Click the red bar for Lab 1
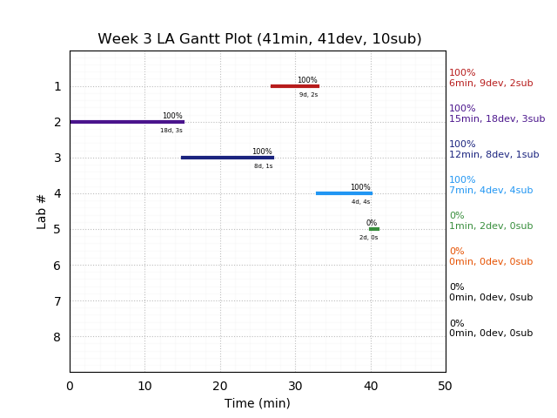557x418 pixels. tap(294, 86)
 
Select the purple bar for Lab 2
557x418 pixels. tap(127, 122)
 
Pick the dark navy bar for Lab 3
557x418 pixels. tap(227, 158)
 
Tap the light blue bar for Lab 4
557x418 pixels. tap(344, 193)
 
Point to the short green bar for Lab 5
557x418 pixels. tap(374, 229)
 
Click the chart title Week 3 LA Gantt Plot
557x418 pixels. tap(259, 39)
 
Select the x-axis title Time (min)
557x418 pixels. tap(258, 403)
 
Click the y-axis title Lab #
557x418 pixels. tap(42, 212)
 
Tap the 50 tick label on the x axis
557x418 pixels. tap(446, 386)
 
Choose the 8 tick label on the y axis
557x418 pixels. tap(57, 337)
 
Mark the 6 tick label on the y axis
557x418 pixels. tap(57, 266)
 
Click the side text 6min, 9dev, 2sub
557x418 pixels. tap(491, 84)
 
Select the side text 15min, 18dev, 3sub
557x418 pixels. tap(497, 119)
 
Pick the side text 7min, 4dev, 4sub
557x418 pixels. tap(491, 191)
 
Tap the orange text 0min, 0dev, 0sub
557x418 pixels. tap(491, 262)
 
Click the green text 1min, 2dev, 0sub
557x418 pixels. tap(491, 226)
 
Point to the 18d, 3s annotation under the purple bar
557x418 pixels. tap(171, 131)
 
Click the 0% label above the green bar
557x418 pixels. tap(372, 223)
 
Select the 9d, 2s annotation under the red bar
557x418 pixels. tap(309, 95)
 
